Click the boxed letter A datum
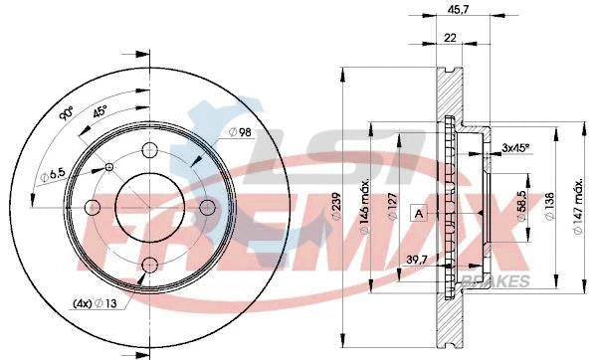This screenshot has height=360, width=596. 419,213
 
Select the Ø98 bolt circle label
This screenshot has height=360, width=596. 239,132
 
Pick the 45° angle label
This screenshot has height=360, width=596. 101,111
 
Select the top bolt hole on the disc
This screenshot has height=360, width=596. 150,150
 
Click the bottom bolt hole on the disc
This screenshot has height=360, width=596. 150,265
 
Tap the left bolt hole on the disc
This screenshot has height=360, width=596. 93,207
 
